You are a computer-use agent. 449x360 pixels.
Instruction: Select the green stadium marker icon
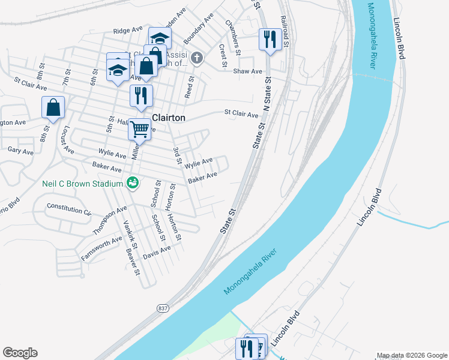pyautogui.click(x=133, y=183)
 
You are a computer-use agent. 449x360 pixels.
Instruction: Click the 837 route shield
pyautogui.click(x=163, y=308)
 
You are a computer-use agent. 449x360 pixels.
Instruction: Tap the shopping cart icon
pyautogui.click(x=139, y=128)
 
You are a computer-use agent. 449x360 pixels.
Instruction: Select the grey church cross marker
pyautogui.click(x=198, y=58)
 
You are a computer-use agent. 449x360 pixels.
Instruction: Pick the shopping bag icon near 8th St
pyautogui.click(x=53, y=108)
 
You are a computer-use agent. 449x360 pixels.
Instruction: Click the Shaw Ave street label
pyautogui.click(x=248, y=71)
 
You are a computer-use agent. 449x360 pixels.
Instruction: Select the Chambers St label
pyautogui.click(x=233, y=31)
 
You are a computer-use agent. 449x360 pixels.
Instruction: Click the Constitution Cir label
pyautogui.click(x=69, y=210)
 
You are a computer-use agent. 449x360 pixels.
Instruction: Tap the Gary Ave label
pyautogui.click(x=20, y=151)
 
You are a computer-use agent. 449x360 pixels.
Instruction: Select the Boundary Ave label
pyautogui.click(x=199, y=28)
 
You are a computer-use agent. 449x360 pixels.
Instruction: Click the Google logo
pyautogui.click(x=20, y=353)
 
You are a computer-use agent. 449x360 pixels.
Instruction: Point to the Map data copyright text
pyautogui.click(x=411, y=355)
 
